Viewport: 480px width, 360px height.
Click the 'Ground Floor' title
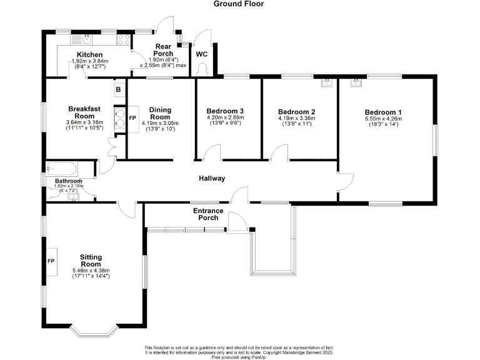(239, 4)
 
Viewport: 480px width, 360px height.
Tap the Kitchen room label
(89, 55)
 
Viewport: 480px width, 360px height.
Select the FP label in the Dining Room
(132, 117)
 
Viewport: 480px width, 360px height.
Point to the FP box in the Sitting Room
(51, 259)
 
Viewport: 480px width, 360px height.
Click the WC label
(201, 54)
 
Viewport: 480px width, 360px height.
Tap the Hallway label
(212, 179)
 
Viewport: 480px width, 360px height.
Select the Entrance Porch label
(207, 214)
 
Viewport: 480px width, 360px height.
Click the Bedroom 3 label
(224, 111)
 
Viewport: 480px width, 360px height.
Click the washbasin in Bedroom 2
(326, 81)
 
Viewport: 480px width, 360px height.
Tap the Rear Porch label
(163, 50)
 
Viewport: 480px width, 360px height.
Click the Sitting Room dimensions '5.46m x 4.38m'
(91, 271)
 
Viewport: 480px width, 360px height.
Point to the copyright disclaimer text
(239, 352)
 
